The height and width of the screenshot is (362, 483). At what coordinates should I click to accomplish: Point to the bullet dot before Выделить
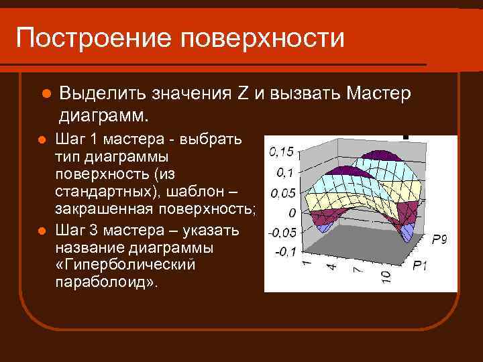(46, 94)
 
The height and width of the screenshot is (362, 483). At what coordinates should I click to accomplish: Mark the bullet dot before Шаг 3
(41, 231)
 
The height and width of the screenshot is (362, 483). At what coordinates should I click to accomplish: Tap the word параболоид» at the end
(107, 281)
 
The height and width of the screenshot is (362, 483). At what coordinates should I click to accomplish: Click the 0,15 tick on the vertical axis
(282, 152)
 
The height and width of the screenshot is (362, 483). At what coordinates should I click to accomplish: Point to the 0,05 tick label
(282, 193)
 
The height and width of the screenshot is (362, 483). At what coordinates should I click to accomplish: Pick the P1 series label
(420, 266)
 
